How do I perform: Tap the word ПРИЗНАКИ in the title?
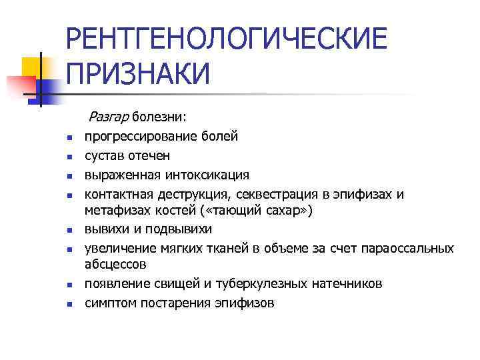[x=138, y=73]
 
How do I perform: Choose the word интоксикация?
[x=204, y=175]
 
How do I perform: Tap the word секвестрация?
[x=272, y=193]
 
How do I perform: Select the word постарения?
[x=174, y=303]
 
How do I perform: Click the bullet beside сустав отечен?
[x=69, y=158]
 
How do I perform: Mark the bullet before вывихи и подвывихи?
[x=69, y=231]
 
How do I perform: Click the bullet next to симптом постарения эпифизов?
[x=69, y=305]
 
